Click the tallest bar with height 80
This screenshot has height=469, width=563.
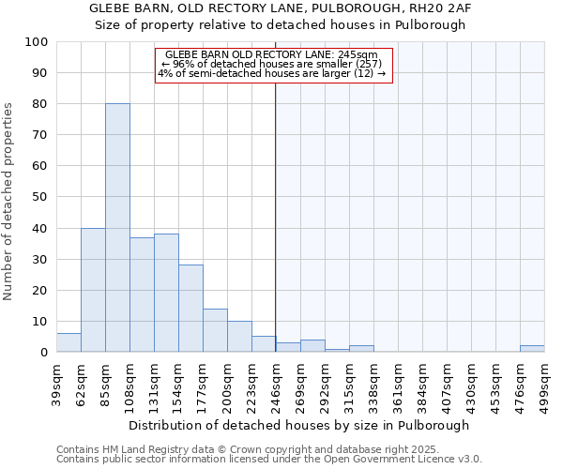click(117, 228)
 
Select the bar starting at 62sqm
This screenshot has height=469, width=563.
click(93, 290)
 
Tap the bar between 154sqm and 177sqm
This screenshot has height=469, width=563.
click(190, 309)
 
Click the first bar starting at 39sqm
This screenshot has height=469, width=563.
click(68, 343)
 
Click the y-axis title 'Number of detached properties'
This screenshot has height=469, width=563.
click(8, 202)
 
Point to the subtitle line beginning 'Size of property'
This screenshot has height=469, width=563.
click(280, 25)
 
